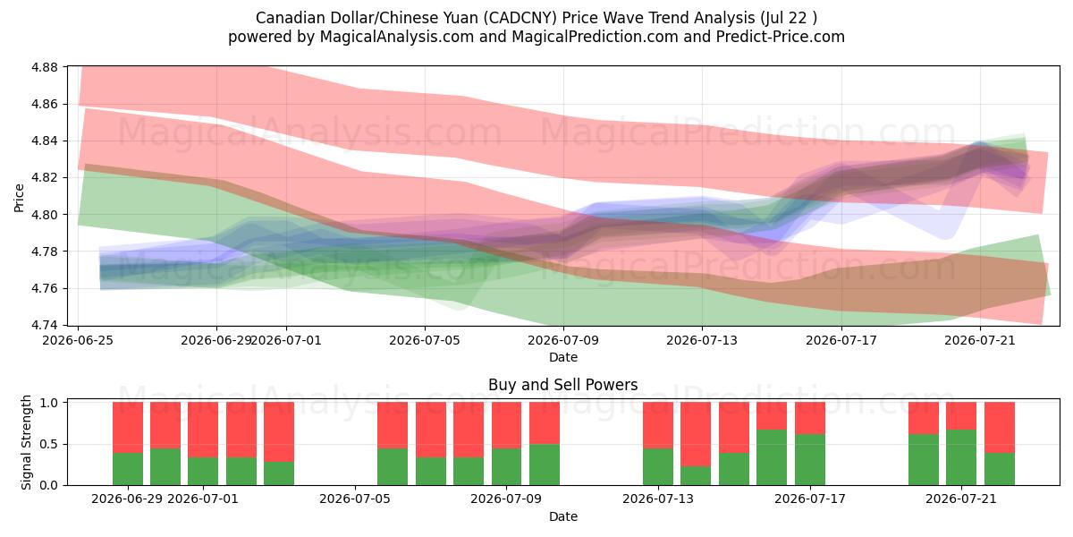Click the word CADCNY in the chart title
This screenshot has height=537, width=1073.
520,18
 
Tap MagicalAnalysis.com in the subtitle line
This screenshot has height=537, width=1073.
397,37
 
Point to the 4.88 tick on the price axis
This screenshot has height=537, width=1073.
44,67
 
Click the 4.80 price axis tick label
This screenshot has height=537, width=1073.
44,215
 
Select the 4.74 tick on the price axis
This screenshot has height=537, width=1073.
44,326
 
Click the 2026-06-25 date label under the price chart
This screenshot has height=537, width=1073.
78,340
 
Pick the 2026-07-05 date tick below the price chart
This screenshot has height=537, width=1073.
425,340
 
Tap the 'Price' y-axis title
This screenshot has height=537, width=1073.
19,198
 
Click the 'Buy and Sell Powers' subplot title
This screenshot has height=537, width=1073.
562,385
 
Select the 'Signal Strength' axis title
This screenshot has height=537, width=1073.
26,442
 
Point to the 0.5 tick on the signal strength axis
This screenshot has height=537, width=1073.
49,445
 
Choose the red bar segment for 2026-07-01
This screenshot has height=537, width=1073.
203,430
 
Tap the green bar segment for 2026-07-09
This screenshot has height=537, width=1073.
506,466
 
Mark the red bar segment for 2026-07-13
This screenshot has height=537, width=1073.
658,425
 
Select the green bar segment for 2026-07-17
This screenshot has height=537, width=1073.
809,460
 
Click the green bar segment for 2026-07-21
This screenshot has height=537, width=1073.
961,457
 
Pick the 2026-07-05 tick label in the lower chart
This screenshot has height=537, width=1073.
355,499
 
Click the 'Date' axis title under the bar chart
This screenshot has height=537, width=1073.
562,516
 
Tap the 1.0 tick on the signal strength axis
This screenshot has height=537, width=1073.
49,403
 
